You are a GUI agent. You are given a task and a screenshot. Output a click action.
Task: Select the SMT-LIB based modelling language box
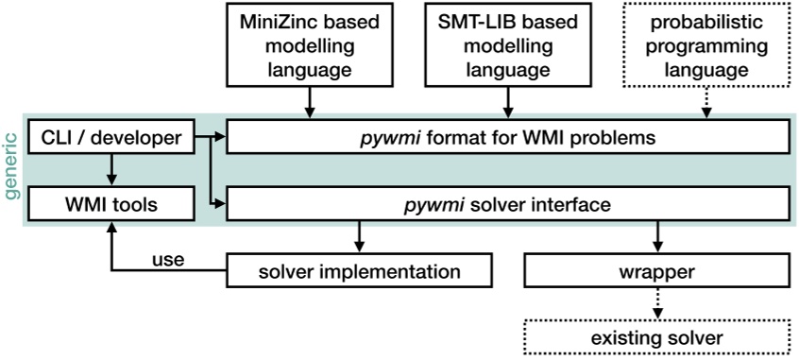coord(509,45)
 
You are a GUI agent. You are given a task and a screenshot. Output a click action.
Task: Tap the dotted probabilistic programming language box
coord(707,45)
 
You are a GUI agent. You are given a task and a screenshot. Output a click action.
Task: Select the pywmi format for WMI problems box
coord(509,139)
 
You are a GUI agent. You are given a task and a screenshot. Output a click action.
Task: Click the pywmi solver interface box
coord(509,202)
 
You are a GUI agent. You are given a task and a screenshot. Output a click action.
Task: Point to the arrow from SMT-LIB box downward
coord(509,105)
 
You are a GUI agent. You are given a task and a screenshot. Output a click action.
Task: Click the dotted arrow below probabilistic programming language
coord(707,105)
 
